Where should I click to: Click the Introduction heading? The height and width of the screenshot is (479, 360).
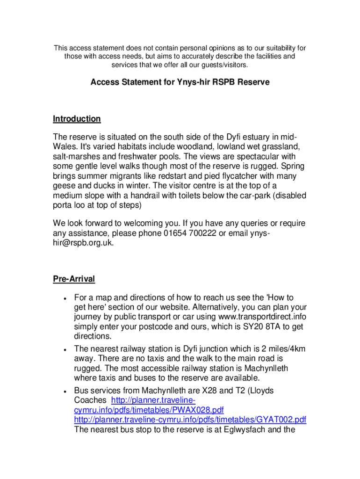[77, 119]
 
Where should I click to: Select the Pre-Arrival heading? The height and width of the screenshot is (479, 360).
[74, 279]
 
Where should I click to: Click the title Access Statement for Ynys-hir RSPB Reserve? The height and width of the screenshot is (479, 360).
[180, 82]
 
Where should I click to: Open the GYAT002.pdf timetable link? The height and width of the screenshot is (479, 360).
[190, 419]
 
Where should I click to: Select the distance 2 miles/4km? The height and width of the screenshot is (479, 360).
[278, 348]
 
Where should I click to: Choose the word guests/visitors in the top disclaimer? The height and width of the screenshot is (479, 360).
[222, 65]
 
